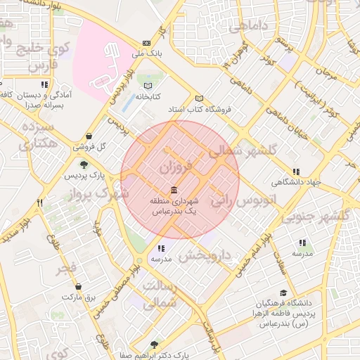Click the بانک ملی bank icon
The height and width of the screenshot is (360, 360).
146,42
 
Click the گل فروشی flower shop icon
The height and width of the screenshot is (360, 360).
89,136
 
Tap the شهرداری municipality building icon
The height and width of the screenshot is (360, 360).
174,191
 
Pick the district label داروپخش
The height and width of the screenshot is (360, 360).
205,255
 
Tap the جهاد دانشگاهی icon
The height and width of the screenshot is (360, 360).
296,172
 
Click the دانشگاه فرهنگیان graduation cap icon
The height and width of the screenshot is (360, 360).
283,293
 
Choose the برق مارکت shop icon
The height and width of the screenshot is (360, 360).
78,287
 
